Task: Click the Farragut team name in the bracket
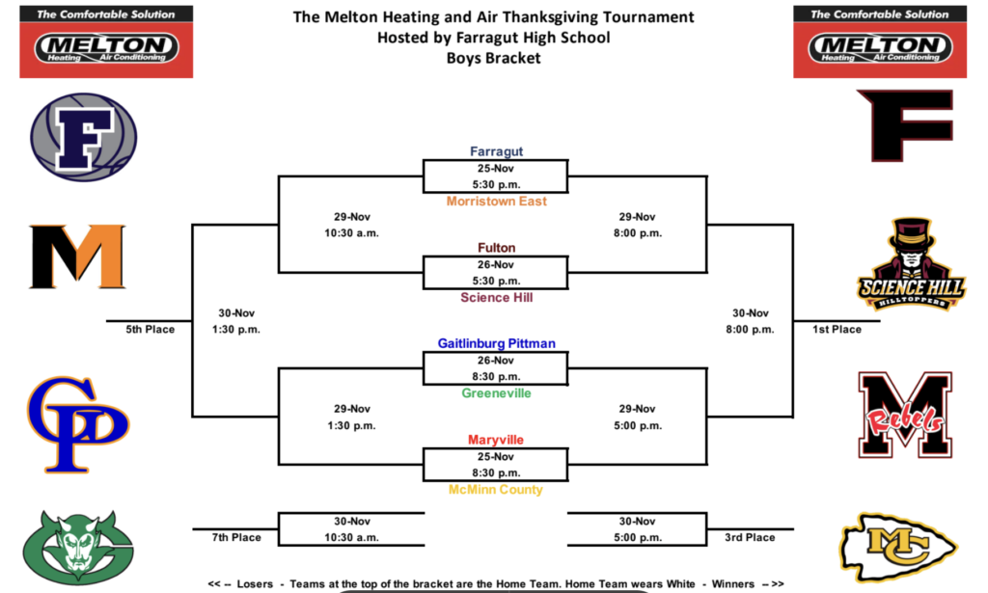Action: pos(496,151)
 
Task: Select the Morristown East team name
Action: pos(496,202)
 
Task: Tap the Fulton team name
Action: pos(496,248)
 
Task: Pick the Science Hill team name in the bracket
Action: pos(496,298)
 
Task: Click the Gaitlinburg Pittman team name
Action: pos(496,343)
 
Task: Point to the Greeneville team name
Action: pos(496,393)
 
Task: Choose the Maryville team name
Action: pos(496,440)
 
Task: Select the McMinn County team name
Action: pos(496,490)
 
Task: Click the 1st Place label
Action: pos(837,329)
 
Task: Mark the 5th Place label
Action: pos(151,329)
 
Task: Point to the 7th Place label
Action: pos(236,537)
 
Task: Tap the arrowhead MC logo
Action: pos(898,548)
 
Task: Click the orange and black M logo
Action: pos(77,256)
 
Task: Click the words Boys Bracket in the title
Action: pos(493,58)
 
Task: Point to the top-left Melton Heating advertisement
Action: pos(106,40)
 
